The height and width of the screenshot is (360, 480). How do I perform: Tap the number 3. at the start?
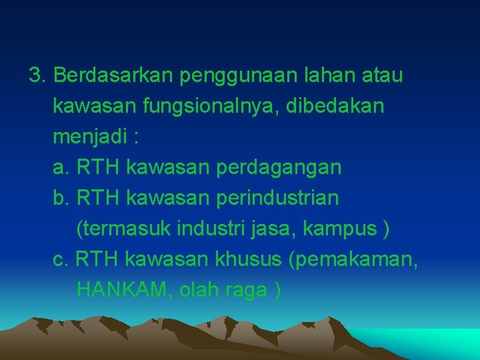pos(38,75)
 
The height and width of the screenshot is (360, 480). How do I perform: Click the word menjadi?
pos(89,137)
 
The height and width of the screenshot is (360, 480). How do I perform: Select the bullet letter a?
pos(61,168)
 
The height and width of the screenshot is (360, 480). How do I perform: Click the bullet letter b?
pos(61,198)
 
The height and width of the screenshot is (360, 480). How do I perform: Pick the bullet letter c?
pos(60,259)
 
